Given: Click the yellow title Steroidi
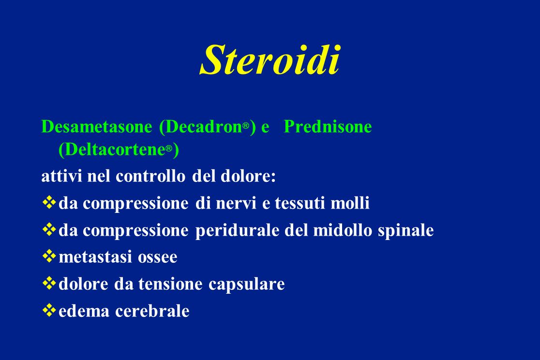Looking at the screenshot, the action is pyautogui.click(x=270, y=60).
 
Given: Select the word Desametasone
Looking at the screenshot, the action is pyautogui.click(x=97, y=126).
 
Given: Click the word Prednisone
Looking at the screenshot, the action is pyautogui.click(x=328, y=126).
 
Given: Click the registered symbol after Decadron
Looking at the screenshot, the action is pyautogui.click(x=245, y=126).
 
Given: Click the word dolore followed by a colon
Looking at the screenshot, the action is pyautogui.click(x=248, y=176).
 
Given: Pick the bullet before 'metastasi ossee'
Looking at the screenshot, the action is pyautogui.click(x=49, y=256).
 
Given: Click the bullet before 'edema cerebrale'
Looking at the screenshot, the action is pyautogui.click(x=49, y=310).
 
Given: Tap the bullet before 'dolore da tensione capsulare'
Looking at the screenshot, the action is pyautogui.click(x=49, y=283).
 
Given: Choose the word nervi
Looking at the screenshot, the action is pyautogui.click(x=236, y=203).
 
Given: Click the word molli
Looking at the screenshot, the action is pyautogui.click(x=350, y=203).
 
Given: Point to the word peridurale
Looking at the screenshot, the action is pyautogui.click(x=237, y=230).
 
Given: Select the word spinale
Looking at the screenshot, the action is pyautogui.click(x=405, y=230).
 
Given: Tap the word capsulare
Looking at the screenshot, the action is pyautogui.click(x=247, y=284).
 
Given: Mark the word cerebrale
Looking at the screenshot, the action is pyautogui.click(x=152, y=311).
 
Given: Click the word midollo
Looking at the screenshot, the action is pyautogui.click(x=343, y=230).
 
